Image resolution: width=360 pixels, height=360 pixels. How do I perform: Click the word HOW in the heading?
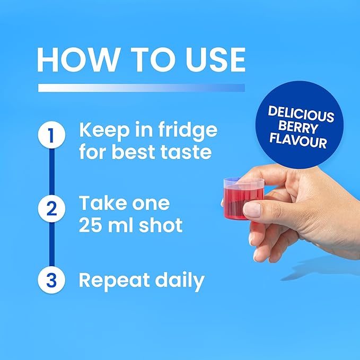pos(78,60)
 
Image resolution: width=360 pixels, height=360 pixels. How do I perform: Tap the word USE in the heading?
pos(215,60)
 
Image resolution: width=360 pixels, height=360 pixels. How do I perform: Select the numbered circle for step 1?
pos(51,135)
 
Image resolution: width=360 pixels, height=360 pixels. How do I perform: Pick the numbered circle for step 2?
pos(51,208)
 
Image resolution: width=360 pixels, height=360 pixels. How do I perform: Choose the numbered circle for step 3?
pos(51,280)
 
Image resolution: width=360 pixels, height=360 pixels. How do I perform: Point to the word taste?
pos(186,152)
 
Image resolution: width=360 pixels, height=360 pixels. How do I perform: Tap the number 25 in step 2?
pos(90,225)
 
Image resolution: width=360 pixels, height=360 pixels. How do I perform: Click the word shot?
pos(161,225)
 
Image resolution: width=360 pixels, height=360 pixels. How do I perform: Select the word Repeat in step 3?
pos(114,280)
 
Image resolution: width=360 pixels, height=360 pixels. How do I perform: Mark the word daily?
pos(180,280)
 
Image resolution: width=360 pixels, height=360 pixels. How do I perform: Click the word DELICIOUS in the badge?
pos(301,114)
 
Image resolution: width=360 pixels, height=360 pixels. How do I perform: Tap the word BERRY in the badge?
pos(298,127)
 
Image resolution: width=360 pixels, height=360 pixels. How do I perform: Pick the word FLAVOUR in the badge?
pos(298,140)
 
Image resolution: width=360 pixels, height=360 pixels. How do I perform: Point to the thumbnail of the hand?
pos(252,209)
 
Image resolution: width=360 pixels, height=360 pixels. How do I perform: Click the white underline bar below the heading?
pos(142,87)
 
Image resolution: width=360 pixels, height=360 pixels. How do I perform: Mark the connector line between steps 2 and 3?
pos(52,244)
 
